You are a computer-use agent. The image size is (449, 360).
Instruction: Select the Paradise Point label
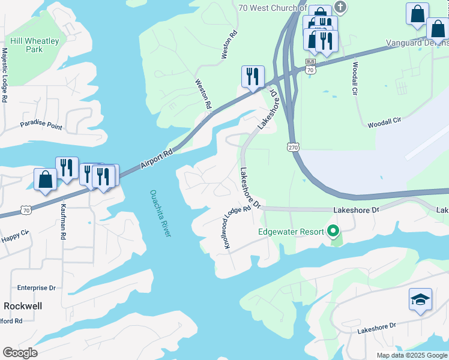click(x=41, y=125)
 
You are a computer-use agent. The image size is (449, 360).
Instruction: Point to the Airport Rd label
click(x=157, y=159)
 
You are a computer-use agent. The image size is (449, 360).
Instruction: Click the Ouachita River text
click(x=160, y=213)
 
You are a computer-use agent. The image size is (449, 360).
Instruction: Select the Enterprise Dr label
click(x=36, y=288)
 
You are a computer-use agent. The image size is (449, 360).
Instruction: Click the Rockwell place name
click(x=21, y=306)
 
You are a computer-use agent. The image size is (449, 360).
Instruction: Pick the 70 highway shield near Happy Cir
click(x=25, y=209)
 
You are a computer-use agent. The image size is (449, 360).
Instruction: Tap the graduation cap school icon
click(x=420, y=299)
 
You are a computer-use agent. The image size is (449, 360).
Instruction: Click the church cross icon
click(x=340, y=8)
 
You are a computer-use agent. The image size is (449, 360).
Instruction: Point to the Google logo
click(x=20, y=353)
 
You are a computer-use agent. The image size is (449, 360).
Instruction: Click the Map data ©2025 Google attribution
click(x=411, y=355)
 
